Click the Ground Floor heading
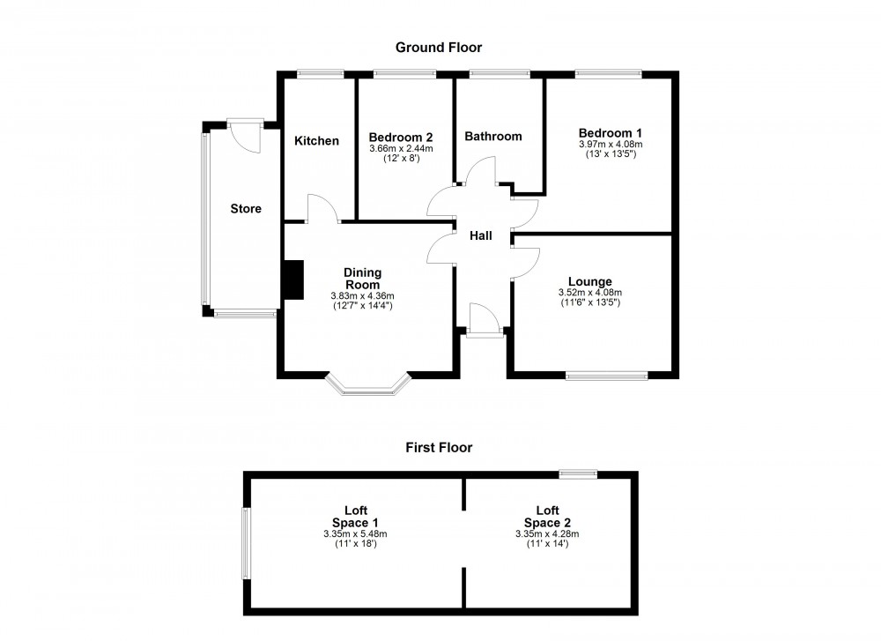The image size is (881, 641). click(439, 48)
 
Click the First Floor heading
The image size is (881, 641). click(439, 448)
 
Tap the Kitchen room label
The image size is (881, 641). click(316, 141)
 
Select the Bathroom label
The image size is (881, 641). click(493, 137)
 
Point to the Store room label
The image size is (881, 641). click(246, 209)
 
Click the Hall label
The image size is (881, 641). click(480, 235)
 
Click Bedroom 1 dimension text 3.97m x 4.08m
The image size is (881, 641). click(611, 145)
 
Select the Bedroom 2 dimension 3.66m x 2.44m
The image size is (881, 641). click(401, 148)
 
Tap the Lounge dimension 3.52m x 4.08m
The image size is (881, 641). click(590, 293)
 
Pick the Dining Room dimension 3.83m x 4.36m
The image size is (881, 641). click(362, 295)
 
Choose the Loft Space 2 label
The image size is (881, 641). click(547, 516)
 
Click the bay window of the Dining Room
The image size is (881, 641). click(368, 384)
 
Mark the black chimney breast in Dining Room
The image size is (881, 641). click(292, 280)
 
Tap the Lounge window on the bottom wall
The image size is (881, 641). click(607, 376)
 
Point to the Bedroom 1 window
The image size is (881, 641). click(609, 75)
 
